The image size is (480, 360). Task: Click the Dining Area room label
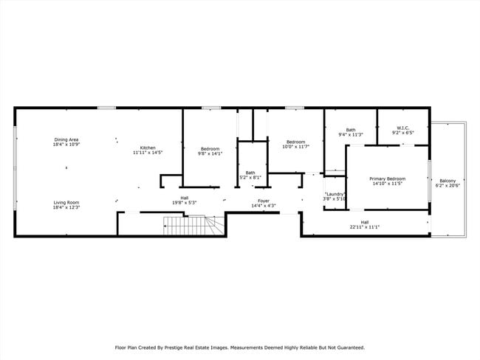pyautogui.click(x=66, y=139)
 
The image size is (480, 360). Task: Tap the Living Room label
pyautogui.click(x=66, y=202)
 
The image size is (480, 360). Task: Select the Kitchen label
pyautogui.click(x=148, y=148)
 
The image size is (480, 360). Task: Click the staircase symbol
pyautogui.click(x=193, y=226)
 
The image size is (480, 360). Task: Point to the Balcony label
pyautogui.click(x=448, y=181)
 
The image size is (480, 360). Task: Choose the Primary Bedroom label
pyautogui.click(x=387, y=179)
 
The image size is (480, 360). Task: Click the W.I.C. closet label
pyautogui.click(x=403, y=128)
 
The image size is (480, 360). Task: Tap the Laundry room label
pyautogui.click(x=335, y=194)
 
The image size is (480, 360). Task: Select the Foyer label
pyautogui.click(x=264, y=201)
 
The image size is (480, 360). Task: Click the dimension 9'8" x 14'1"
pyautogui.click(x=210, y=153)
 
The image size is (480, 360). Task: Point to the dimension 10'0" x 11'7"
pyautogui.click(x=295, y=147)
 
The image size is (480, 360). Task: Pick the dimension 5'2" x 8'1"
pyautogui.click(x=250, y=177)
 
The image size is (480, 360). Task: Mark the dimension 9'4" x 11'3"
pyautogui.click(x=351, y=134)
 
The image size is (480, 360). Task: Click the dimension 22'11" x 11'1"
pyautogui.click(x=365, y=227)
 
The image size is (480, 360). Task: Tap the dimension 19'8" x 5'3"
pyautogui.click(x=185, y=202)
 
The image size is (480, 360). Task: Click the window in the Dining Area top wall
pyautogui.click(x=107, y=108)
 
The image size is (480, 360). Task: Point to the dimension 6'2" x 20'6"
pyautogui.click(x=448, y=185)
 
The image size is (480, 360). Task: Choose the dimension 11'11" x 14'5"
pyautogui.click(x=148, y=152)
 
